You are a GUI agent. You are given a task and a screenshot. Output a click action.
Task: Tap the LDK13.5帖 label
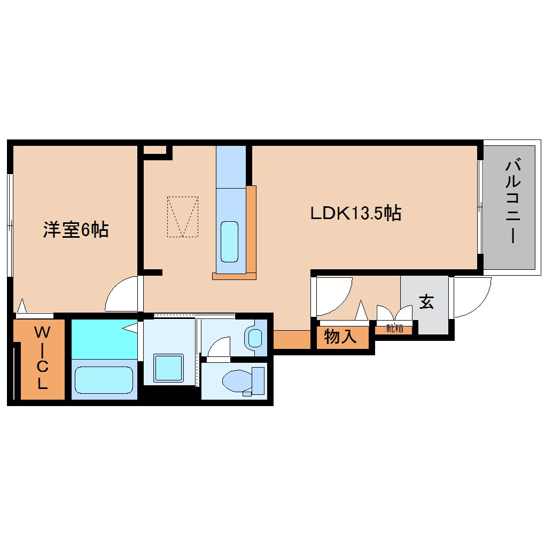point(356,214)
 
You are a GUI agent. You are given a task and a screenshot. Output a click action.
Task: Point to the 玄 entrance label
point(425,302)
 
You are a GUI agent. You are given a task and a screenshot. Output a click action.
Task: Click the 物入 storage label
point(340,337)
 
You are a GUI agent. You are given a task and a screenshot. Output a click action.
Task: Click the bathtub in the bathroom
point(104,380)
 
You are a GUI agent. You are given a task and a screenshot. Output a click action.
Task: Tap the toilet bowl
point(235,381)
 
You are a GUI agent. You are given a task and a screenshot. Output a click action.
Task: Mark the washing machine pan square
point(169,368)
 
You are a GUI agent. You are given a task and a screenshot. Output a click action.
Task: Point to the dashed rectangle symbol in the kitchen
point(182,216)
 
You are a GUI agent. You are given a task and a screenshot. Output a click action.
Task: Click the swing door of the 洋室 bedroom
point(122,295)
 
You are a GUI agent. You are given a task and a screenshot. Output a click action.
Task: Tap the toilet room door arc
point(219,347)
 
